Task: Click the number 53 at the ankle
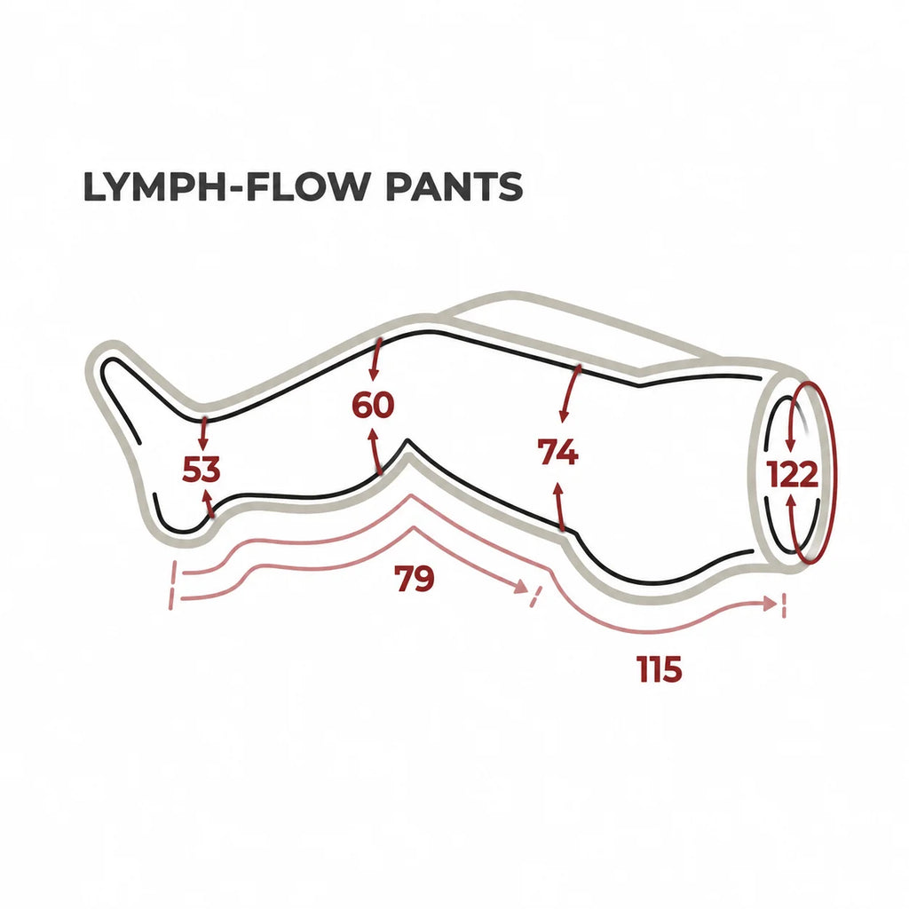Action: (202, 469)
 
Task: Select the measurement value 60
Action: (373, 405)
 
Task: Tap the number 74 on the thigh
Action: (557, 452)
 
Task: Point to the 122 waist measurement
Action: (793, 474)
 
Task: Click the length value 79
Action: (414, 578)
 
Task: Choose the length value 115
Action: (660, 669)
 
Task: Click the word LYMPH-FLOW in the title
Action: (226, 186)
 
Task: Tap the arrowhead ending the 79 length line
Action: (520, 587)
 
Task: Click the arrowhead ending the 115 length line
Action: (771, 604)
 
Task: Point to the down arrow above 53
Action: (203, 433)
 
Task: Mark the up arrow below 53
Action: (208, 502)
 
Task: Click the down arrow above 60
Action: (375, 360)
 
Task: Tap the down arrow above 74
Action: (569, 393)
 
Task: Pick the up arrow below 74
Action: (559, 506)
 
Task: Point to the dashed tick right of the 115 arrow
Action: (784, 605)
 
